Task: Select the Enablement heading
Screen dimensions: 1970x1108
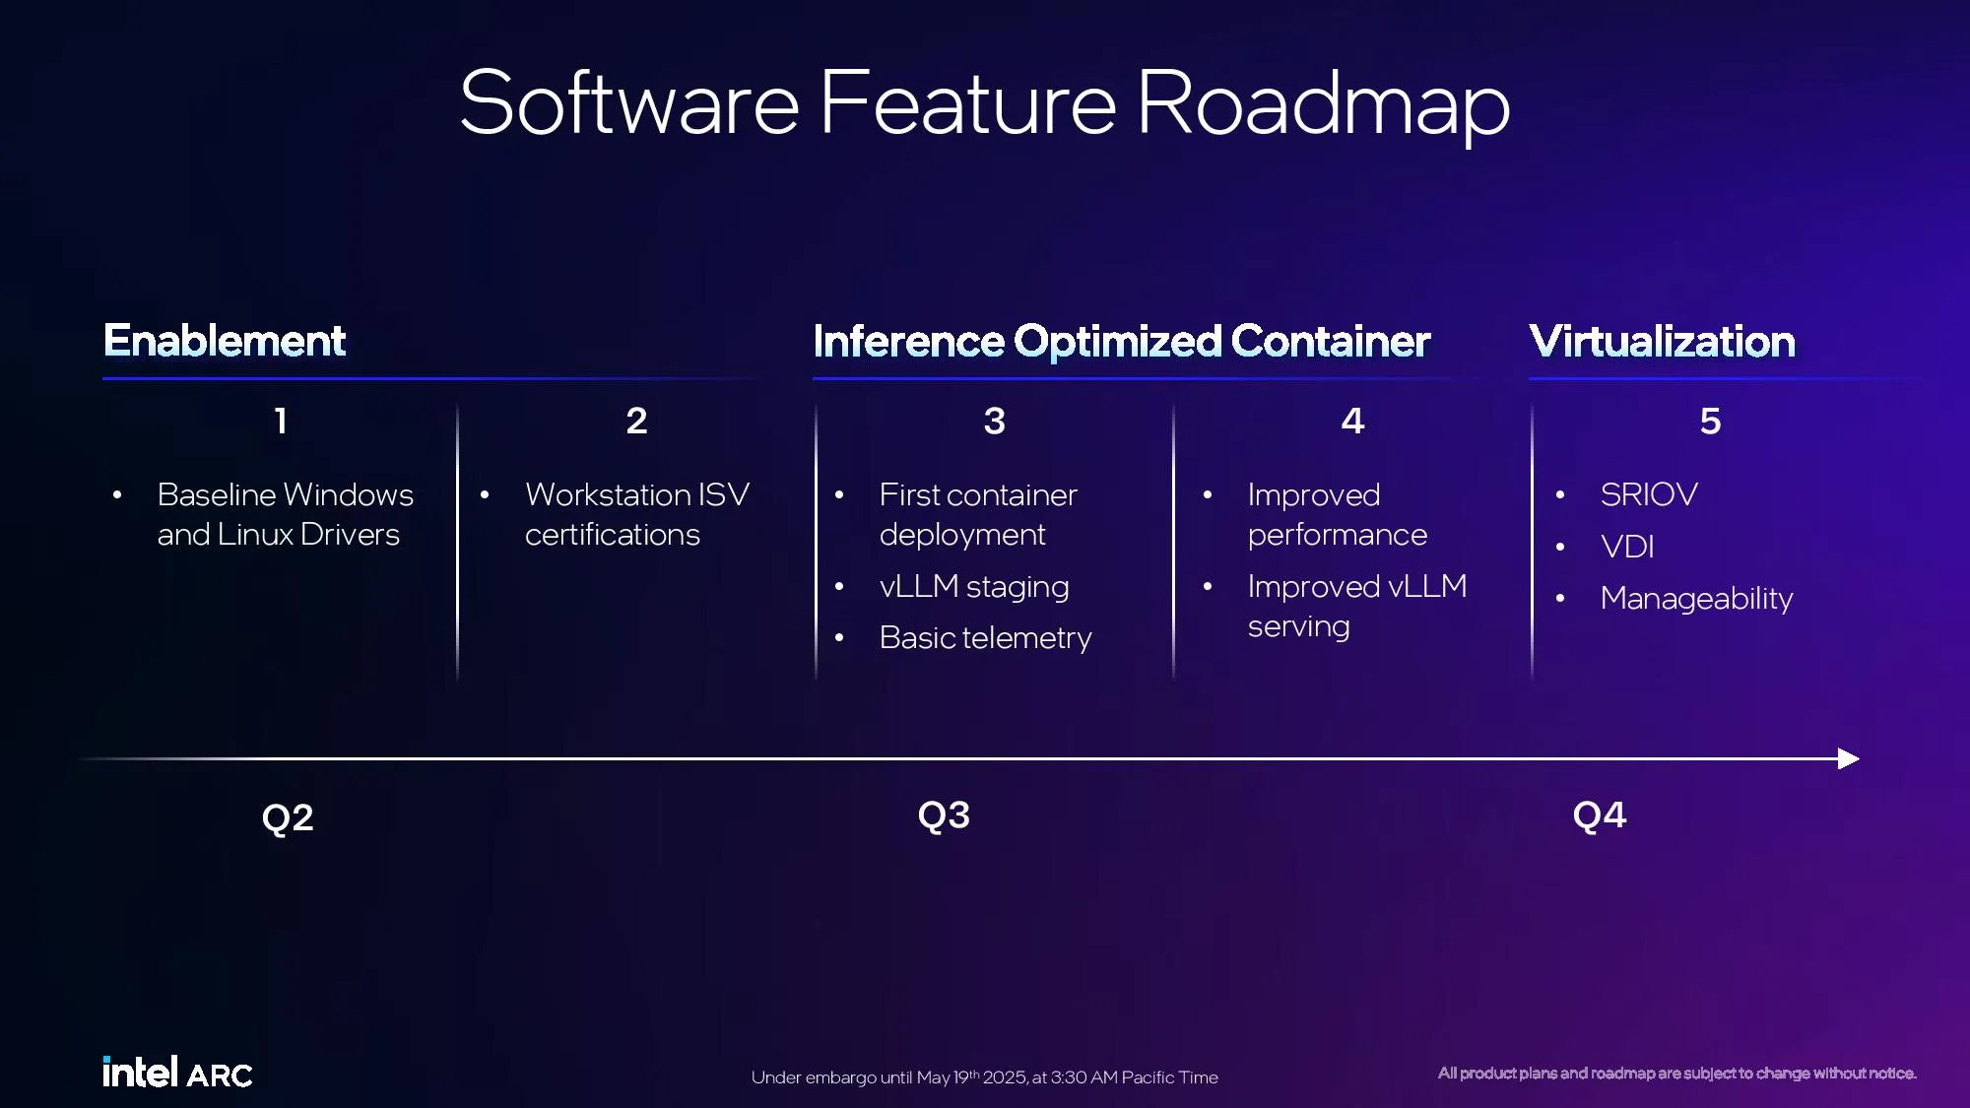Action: click(x=225, y=341)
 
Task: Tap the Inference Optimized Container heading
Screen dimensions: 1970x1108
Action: click(x=1122, y=342)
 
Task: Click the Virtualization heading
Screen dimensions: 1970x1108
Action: click(x=1663, y=342)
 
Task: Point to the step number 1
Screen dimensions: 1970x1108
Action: click(x=281, y=422)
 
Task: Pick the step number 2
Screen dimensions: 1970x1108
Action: click(x=637, y=422)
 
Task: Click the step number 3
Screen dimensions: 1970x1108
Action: click(x=995, y=422)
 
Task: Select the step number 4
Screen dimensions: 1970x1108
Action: click(x=1353, y=422)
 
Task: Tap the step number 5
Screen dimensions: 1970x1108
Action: click(x=1711, y=422)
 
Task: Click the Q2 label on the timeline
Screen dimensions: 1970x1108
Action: click(x=288, y=818)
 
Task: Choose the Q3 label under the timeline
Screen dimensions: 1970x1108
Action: click(x=944, y=815)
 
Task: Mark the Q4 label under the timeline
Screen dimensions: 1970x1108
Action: click(x=1600, y=815)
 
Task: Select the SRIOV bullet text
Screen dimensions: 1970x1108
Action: click(x=1649, y=494)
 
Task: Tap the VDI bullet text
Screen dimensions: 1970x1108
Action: click(x=1627, y=547)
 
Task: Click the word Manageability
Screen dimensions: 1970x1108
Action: click(x=1696, y=599)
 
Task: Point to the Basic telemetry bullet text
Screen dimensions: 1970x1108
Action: click(x=985, y=638)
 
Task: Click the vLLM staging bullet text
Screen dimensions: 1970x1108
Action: click(x=974, y=587)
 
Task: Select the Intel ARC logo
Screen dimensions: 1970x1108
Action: click(x=177, y=1072)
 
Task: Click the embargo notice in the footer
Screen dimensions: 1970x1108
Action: click(x=985, y=1077)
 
